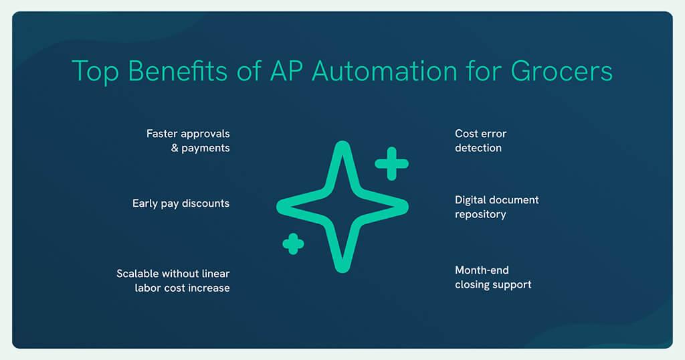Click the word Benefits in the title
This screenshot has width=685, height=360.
click(x=177, y=71)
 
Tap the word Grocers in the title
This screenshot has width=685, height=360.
click(x=562, y=71)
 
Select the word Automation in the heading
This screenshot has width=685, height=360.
click(x=385, y=71)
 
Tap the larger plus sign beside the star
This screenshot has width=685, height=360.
click(x=391, y=164)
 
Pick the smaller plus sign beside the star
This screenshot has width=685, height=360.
click(x=293, y=244)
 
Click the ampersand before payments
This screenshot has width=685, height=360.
click(x=175, y=148)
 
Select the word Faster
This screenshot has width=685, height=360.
click(x=162, y=134)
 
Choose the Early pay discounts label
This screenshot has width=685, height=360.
click(x=181, y=203)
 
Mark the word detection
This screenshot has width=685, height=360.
click(x=478, y=148)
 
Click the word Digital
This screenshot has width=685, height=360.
click(x=470, y=201)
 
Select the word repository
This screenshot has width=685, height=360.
click(x=480, y=215)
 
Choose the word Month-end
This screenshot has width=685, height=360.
click(x=482, y=270)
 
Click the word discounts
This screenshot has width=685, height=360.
click(x=206, y=203)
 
